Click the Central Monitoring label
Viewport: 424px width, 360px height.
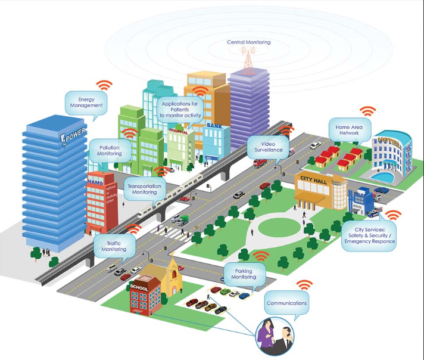248,42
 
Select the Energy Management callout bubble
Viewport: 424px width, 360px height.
86,103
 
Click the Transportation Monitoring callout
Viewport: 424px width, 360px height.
144,189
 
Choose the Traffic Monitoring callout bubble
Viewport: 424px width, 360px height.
114,246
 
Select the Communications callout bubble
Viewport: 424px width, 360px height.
287,303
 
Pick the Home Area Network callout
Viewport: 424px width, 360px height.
350,131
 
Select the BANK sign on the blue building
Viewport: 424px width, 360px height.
213,126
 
